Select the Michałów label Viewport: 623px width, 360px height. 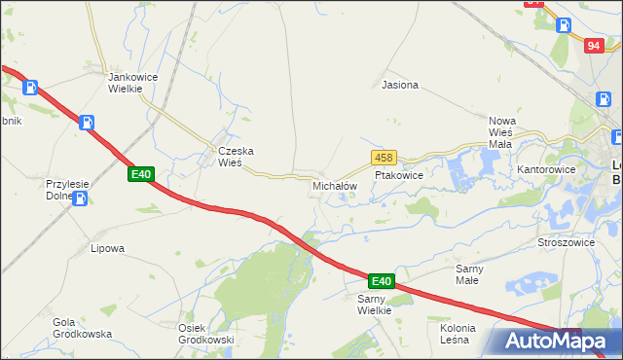pyautogui.click(x=335, y=185)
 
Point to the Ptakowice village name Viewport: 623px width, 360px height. pyautogui.click(x=398, y=176)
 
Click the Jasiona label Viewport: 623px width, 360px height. pyautogui.click(x=400, y=85)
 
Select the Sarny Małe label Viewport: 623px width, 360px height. pyautogui.click(x=474, y=273)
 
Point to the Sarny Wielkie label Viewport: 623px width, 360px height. pyautogui.click(x=374, y=304)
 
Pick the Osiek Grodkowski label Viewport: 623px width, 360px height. pyautogui.click(x=205, y=334)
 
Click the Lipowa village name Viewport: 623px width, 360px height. pyautogui.click(x=107, y=248)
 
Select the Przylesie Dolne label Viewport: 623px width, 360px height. pyautogui.click(x=60, y=189)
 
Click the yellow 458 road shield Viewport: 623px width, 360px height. pyautogui.click(x=383, y=158)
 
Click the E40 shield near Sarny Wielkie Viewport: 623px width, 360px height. pyautogui.click(x=381, y=281)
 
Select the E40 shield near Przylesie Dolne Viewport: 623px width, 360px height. pyautogui.click(x=141, y=174)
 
